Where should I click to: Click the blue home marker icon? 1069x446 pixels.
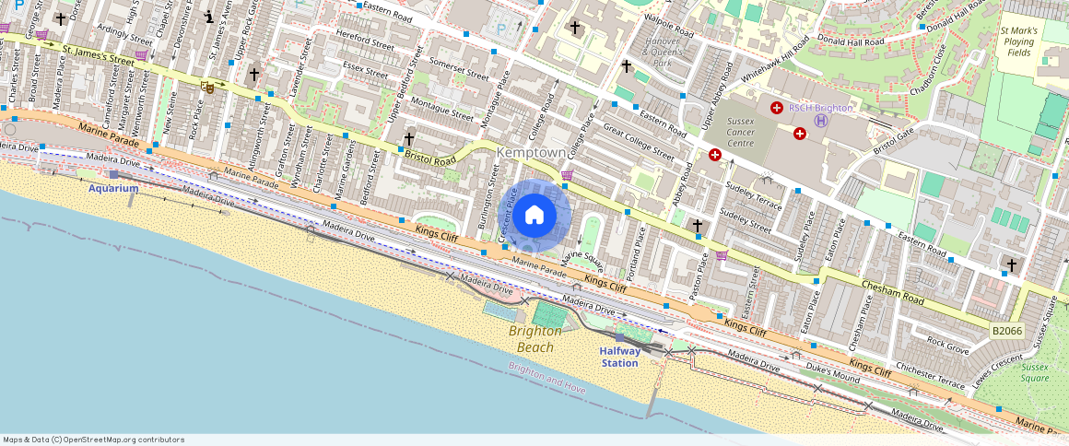click(534, 216)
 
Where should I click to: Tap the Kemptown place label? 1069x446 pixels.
click(530, 152)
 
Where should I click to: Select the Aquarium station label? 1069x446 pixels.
click(113, 188)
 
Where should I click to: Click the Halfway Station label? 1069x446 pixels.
click(619, 357)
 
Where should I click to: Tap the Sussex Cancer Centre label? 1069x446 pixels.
click(741, 132)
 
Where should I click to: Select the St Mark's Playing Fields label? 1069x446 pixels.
click(1019, 41)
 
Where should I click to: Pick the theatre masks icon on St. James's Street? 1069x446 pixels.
click(208, 88)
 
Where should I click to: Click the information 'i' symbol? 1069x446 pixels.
click(210, 16)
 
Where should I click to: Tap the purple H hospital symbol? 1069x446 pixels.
click(821, 120)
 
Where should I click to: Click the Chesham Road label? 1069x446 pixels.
click(891, 293)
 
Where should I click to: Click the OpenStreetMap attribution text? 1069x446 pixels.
click(93, 440)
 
